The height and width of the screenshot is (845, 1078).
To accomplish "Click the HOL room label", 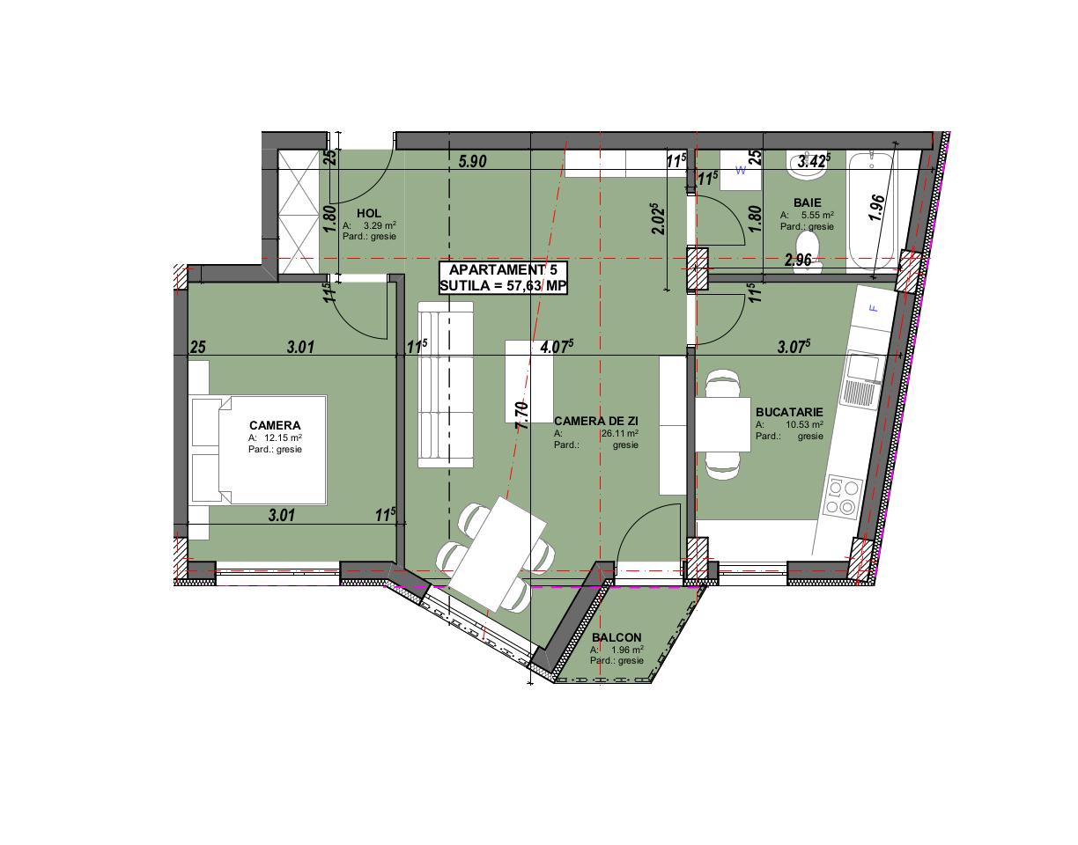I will [369, 213].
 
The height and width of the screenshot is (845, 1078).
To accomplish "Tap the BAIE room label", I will [807, 202].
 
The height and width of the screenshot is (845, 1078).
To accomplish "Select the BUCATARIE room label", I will [789, 412].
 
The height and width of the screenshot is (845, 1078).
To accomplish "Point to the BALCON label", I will [617, 638].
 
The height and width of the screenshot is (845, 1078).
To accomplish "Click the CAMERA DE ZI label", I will [595, 422].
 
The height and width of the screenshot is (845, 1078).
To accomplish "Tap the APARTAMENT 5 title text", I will [503, 270].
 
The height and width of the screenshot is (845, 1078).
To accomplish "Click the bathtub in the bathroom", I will [871, 211].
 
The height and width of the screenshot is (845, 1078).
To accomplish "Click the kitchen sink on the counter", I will [861, 378].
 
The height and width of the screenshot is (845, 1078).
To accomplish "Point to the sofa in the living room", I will [445, 384].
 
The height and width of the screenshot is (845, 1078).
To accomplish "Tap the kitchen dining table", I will [722, 423].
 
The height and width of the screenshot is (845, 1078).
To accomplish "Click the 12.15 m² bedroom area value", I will [283, 437].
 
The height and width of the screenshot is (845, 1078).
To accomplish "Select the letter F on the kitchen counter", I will [874, 309].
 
